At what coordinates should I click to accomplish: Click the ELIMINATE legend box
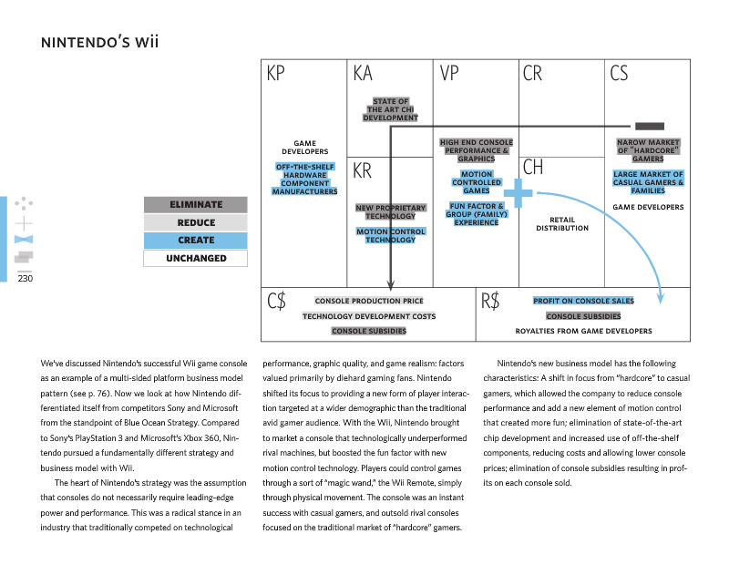pyautogui.click(x=196, y=205)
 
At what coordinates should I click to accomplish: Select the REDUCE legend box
pyautogui.click(x=196, y=222)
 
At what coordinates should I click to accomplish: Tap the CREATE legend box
pyautogui.click(x=196, y=241)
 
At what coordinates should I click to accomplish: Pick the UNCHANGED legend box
pyautogui.click(x=196, y=258)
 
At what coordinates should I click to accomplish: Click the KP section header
pyautogui.click(x=276, y=74)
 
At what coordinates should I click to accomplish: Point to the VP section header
pyautogui.click(x=449, y=74)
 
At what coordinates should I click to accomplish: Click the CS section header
pyautogui.click(x=619, y=74)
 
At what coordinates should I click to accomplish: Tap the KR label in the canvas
pyautogui.click(x=362, y=170)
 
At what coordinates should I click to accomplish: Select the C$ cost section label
pyautogui.click(x=277, y=302)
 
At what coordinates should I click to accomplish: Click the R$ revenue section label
pyautogui.click(x=490, y=302)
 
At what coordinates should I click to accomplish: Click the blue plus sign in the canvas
pyautogui.click(x=518, y=192)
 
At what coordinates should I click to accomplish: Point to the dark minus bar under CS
pyautogui.click(x=649, y=126)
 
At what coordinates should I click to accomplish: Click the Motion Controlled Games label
pyautogui.click(x=476, y=182)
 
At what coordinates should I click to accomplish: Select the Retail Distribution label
pyautogui.click(x=562, y=223)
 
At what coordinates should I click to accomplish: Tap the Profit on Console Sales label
pyautogui.click(x=583, y=301)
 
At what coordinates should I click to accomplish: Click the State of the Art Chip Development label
pyautogui.click(x=390, y=109)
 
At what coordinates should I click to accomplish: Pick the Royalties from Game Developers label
pyautogui.click(x=583, y=331)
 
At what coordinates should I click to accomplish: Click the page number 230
pyautogui.click(x=25, y=279)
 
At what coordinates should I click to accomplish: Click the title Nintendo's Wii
pyautogui.click(x=101, y=43)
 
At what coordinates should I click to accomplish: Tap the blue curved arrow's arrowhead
pyautogui.click(x=661, y=297)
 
